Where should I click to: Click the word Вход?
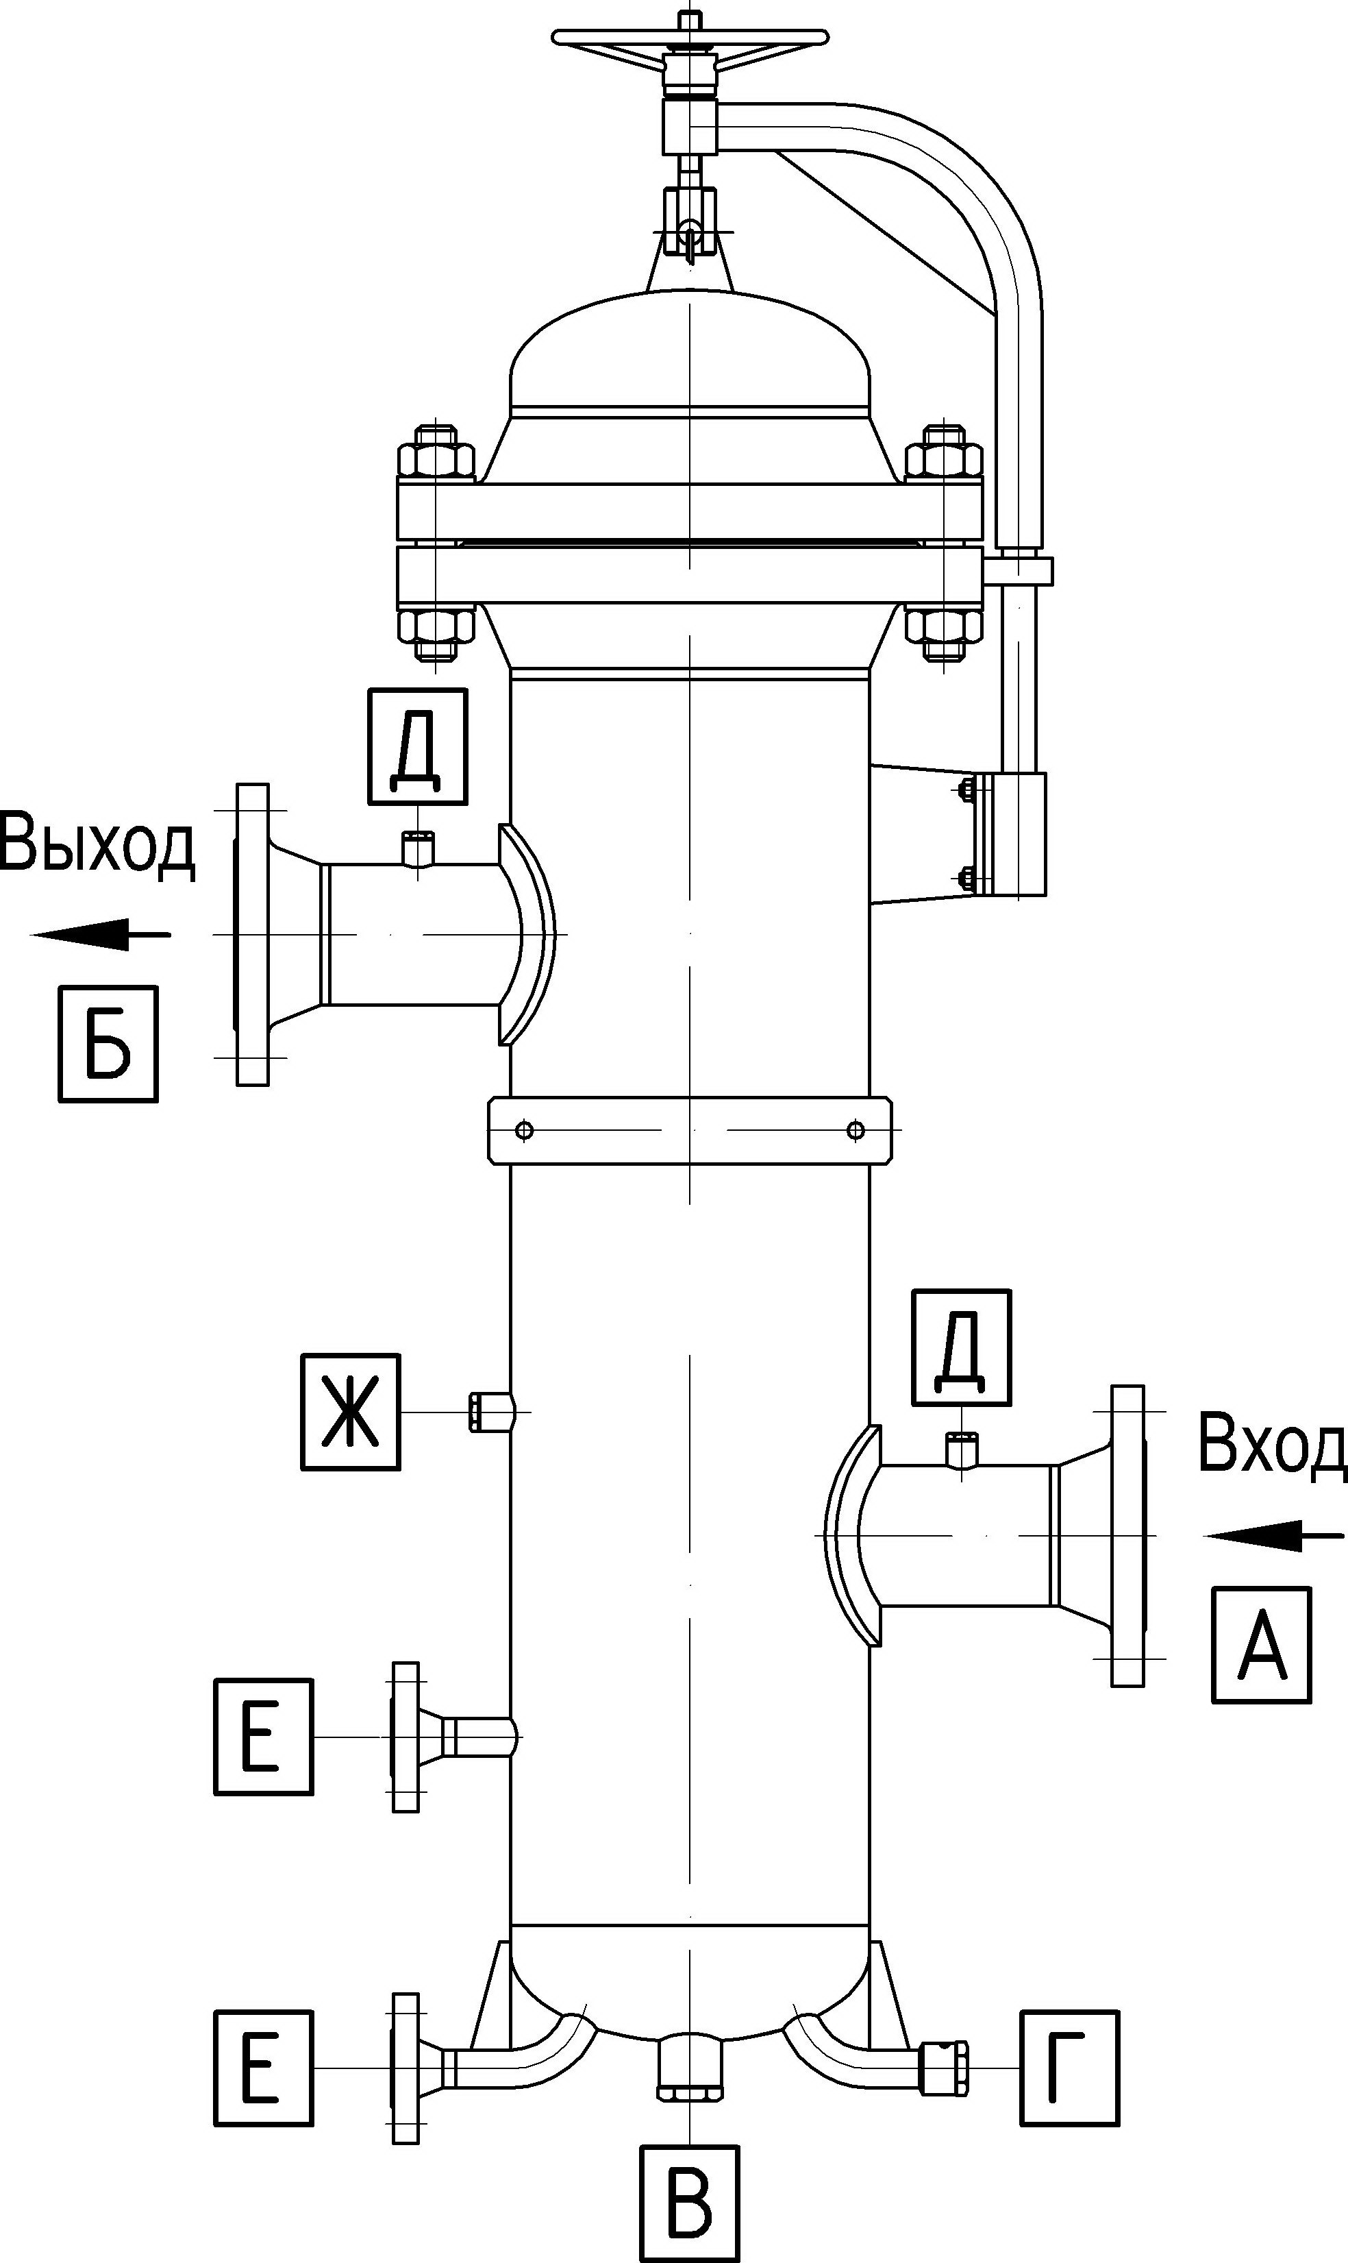click(x=1272, y=1444)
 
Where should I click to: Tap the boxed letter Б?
click(x=108, y=1044)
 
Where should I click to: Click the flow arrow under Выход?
click(x=101, y=933)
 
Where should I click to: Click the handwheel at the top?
click(x=690, y=36)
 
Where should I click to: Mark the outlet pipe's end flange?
click(x=251, y=933)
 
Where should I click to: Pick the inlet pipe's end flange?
click(x=1128, y=1536)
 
